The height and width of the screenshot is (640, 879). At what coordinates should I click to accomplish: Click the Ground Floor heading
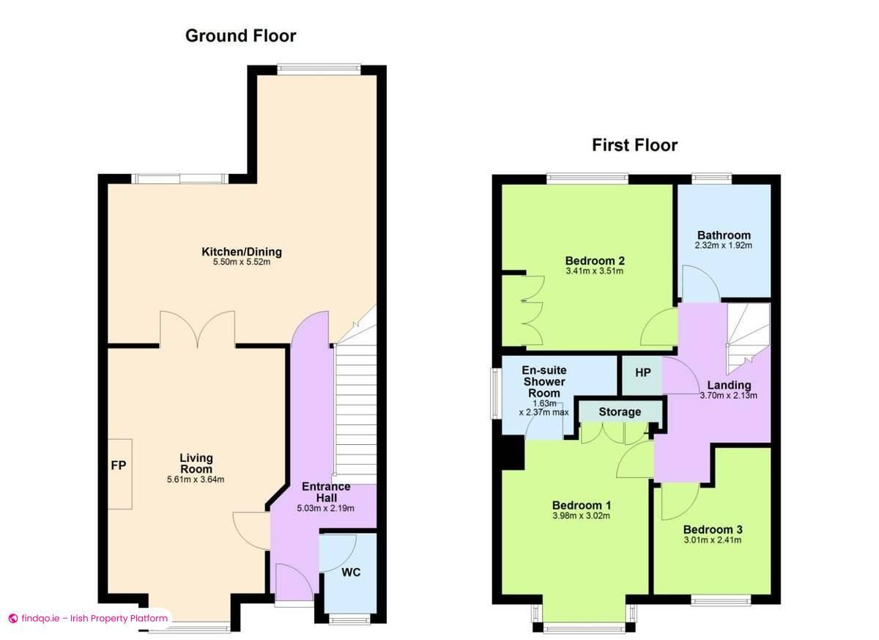[240, 35]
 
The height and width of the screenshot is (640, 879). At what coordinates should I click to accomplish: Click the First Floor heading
[634, 145]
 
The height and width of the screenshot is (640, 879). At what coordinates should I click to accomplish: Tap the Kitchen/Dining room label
[242, 252]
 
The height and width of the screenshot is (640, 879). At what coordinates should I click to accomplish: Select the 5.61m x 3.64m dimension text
[196, 480]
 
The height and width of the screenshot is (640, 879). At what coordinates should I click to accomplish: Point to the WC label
[352, 572]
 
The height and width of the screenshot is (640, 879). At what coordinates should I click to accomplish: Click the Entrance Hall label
[326, 492]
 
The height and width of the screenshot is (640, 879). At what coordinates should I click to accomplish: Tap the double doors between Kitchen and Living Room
[197, 328]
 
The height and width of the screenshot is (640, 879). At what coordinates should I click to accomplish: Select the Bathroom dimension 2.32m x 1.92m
[723, 246]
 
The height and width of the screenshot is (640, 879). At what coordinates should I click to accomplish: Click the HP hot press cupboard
[642, 373]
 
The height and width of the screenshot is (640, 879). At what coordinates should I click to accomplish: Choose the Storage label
[620, 412]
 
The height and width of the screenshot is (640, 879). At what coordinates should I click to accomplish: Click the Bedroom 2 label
[595, 260]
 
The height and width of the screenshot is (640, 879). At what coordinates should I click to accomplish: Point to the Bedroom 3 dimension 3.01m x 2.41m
[712, 541]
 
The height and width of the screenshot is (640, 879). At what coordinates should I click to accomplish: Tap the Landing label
[729, 386]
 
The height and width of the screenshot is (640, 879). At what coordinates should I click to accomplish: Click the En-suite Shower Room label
[544, 382]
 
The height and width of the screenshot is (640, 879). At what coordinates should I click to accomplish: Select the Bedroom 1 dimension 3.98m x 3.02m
[581, 516]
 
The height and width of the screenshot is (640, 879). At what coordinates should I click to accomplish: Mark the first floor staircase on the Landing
[747, 334]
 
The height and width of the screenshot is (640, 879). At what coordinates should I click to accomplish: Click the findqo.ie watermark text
[94, 618]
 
